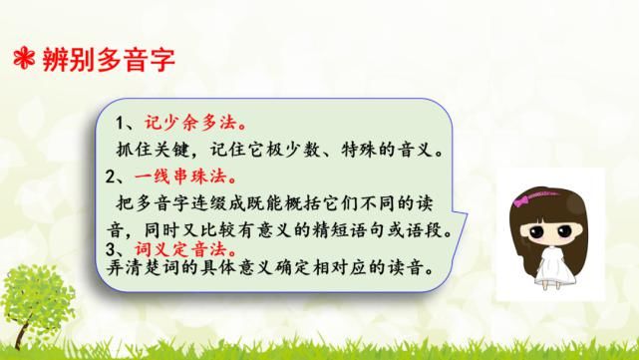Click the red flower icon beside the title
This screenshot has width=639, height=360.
(19, 57)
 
